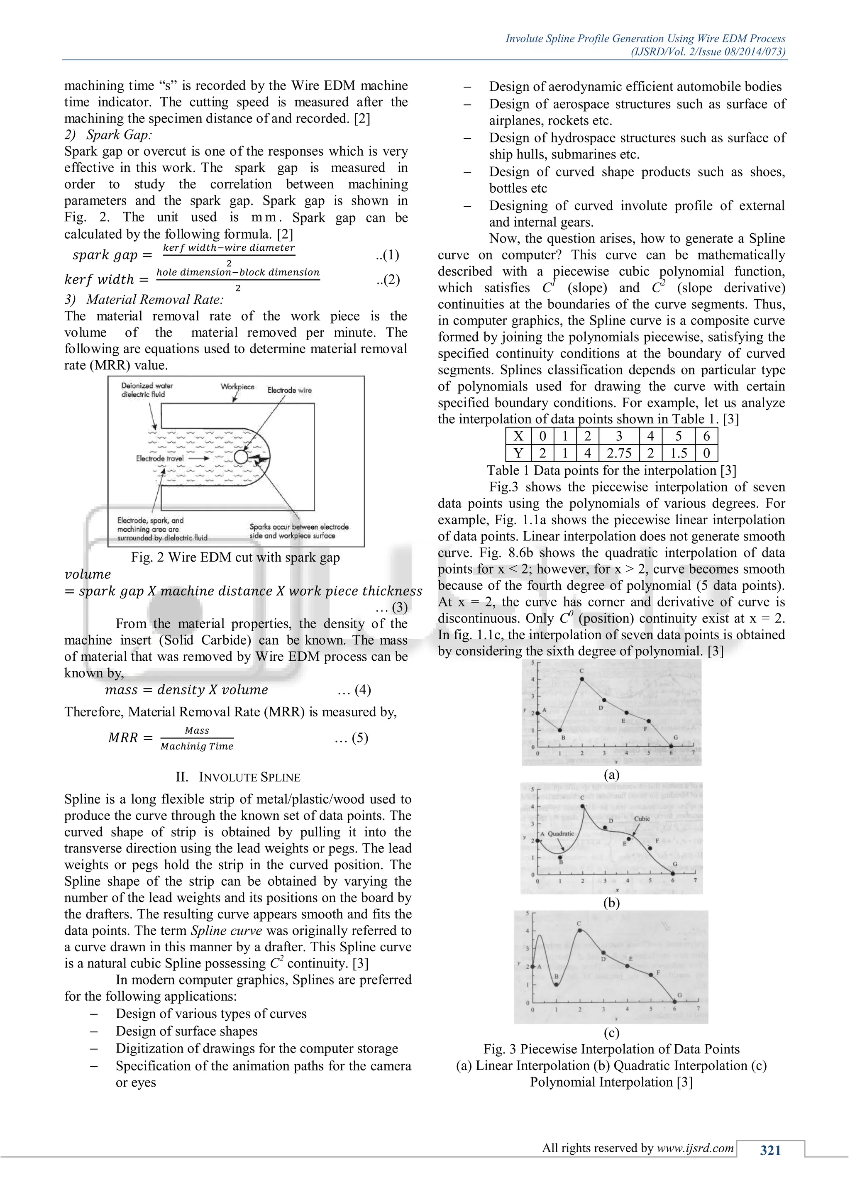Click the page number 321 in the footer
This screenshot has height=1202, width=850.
pyautogui.click(x=770, y=1150)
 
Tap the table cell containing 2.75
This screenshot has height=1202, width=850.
pyautogui.click(x=619, y=453)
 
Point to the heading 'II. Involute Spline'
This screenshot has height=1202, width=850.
pyautogui.click(x=238, y=777)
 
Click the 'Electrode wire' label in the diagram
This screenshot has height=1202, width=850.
pyautogui.click(x=289, y=390)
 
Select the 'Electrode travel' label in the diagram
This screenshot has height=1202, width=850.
pyautogui.click(x=160, y=458)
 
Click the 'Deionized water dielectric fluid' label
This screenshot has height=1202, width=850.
pyautogui.click(x=147, y=390)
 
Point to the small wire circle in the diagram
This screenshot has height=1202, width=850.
pyautogui.click(x=241, y=457)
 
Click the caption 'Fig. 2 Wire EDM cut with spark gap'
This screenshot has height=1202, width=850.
pyautogui.click(x=235, y=557)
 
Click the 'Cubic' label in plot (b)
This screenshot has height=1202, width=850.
pyautogui.click(x=642, y=819)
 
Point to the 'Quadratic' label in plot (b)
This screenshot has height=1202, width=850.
pyautogui.click(x=561, y=833)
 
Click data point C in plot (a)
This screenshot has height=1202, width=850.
pyautogui.click(x=582, y=679)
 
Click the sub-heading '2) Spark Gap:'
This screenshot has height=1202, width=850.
pyautogui.click(x=108, y=134)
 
